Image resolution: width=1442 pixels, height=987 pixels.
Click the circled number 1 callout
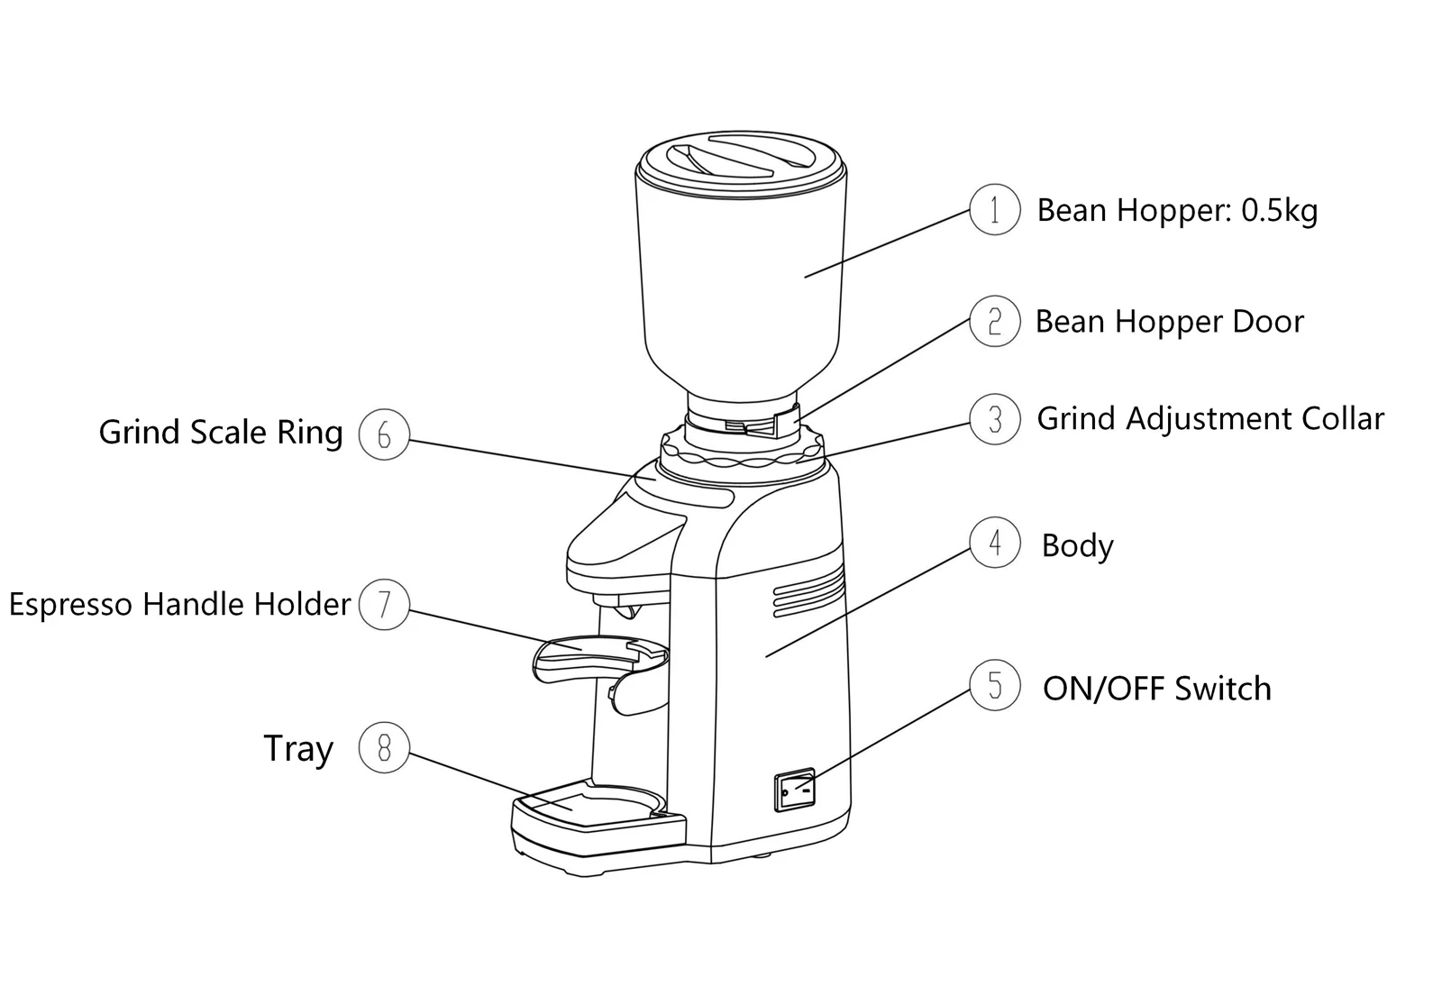995,209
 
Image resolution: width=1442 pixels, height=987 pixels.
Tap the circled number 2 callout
995,321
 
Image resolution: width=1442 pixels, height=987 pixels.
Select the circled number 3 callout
995,419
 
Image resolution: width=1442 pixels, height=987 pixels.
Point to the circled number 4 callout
995,542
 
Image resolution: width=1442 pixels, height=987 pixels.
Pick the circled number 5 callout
995,685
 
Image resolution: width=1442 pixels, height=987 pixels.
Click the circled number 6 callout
384,434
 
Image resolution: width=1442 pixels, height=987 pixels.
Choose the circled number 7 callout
384,605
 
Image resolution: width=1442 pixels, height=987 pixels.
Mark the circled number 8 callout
384,747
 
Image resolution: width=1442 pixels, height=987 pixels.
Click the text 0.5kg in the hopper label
1279,211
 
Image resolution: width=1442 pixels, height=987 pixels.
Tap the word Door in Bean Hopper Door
1267,321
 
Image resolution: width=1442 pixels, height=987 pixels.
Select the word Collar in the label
1342,418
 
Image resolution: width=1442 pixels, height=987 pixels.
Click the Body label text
1077,546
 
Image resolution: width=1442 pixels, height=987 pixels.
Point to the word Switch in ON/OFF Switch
1222,689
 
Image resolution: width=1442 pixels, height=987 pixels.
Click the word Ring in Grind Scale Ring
310,432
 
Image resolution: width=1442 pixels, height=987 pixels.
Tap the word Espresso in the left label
70,605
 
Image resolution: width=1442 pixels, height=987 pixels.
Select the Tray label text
298,748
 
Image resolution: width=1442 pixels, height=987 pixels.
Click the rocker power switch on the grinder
794,789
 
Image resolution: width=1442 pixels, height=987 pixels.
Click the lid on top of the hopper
740,162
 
